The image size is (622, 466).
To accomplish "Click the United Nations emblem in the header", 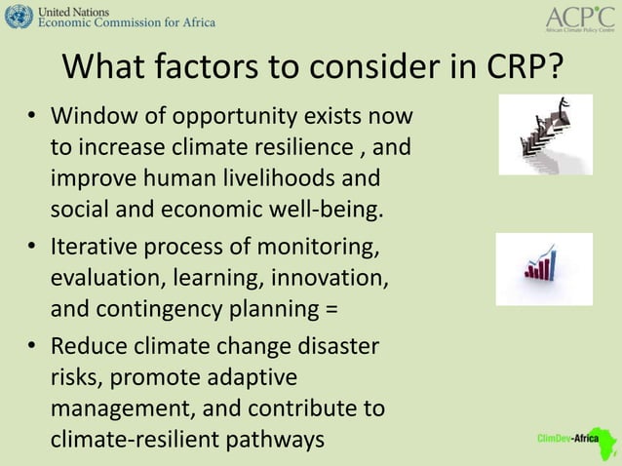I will click(18, 17).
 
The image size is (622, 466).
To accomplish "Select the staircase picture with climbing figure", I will click(545, 135).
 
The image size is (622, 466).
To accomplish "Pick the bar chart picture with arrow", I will click(543, 268).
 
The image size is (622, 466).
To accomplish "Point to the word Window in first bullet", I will click(91, 119).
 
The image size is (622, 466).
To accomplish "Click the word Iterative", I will click(95, 249).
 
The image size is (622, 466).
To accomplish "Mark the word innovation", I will click(331, 280).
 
